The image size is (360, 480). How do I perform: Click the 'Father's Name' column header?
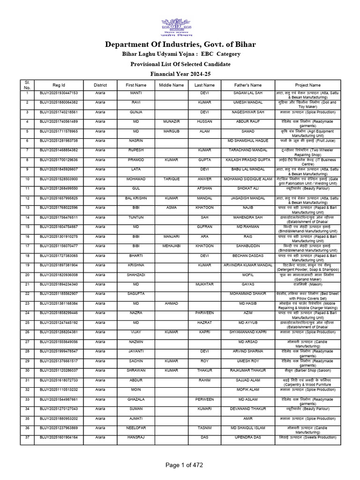click(248, 85)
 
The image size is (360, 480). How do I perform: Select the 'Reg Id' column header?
click(59, 85)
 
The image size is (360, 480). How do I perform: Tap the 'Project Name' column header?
click(308, 85)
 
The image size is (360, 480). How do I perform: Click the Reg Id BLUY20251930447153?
click(59, 93)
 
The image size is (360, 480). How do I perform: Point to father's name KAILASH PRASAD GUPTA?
click(248, 159)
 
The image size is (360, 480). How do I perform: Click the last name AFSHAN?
click(204, 188)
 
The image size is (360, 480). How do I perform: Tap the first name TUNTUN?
click(136, 217)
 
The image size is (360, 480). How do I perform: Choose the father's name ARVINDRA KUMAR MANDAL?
click(248, 265)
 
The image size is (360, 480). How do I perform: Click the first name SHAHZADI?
click(136, 275)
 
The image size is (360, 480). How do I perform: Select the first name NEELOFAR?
click(136, 427)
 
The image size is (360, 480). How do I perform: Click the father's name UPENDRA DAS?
click(248, 437)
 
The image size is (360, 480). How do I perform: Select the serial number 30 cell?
click(27, 370)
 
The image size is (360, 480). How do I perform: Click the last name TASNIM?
click(204, 427)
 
